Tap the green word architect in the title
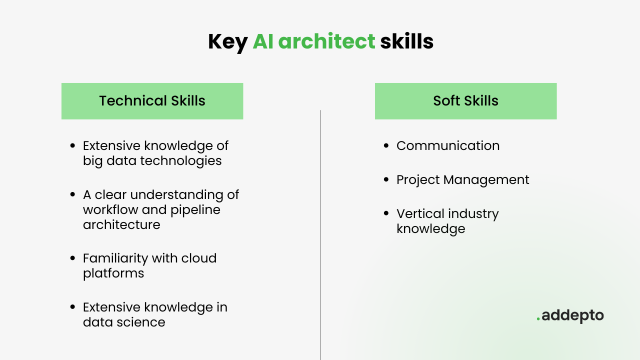pos(326,41)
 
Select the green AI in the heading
pos(263,41)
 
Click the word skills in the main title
pos(406,41)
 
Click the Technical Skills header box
pos(152,101)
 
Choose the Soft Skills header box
pos(465,101)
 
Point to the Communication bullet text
pos(448,145)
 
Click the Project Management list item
pos(463,180)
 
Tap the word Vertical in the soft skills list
pos(420,213)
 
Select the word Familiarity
pos(115,258)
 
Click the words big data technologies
pos(152,161)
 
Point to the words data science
pos(124,322)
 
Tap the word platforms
pos(113,273)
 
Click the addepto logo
pos(570,315)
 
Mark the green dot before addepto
pos(538,318)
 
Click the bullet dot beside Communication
pos(386,145)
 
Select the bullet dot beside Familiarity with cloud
pos(72,258)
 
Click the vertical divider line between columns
pos(320,235)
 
